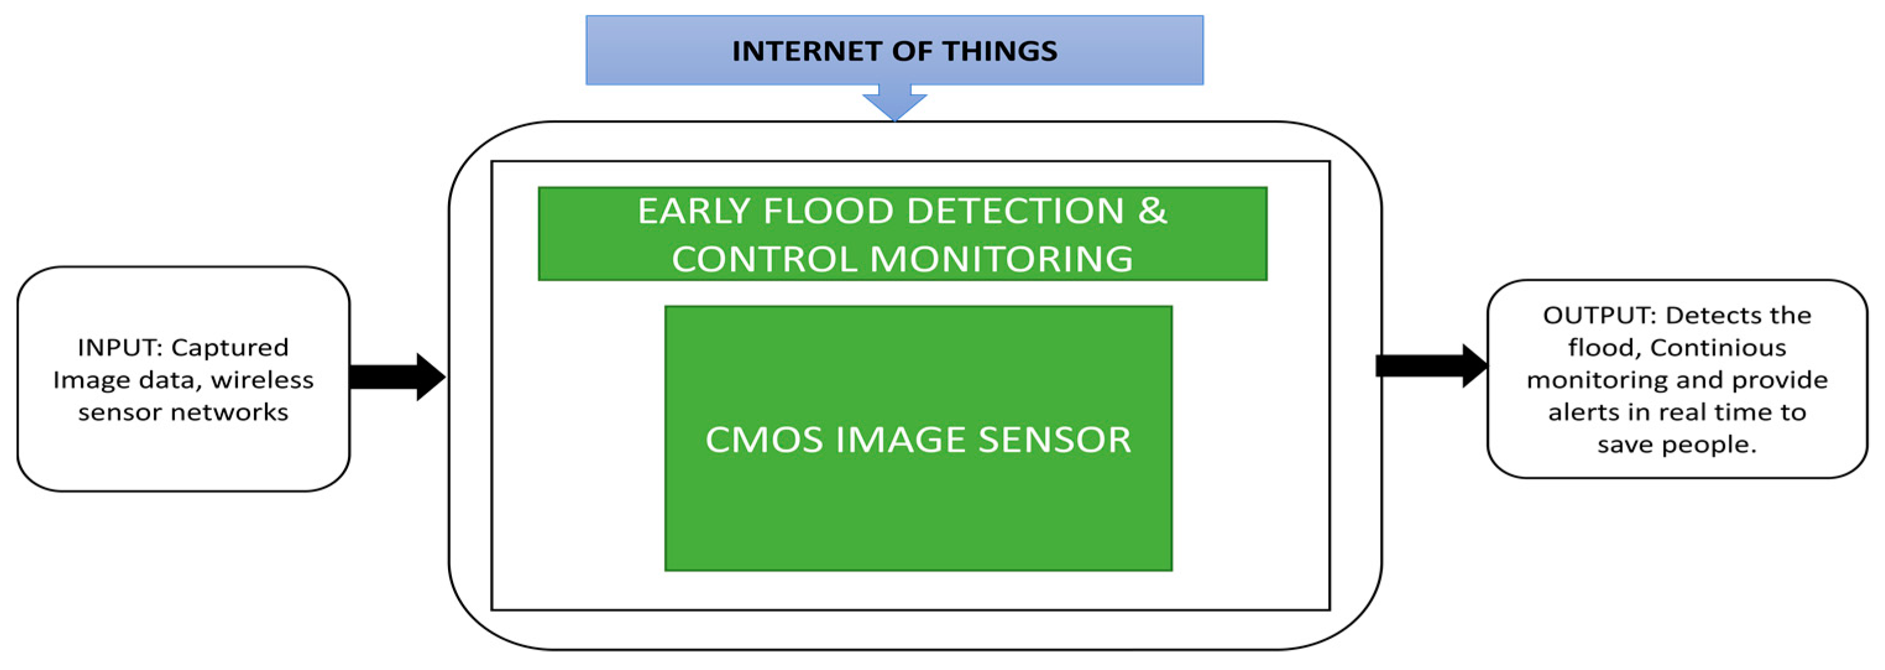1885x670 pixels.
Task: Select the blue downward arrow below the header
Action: [894, 104]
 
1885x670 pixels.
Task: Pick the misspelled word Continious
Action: [1718, 348]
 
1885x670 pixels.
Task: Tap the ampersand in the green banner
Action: [1152, 211]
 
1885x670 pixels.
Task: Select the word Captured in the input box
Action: [230, 347]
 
